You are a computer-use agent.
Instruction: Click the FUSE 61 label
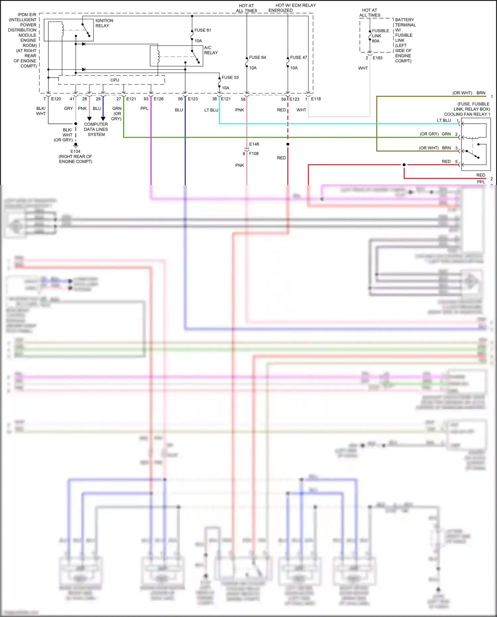(202, 30)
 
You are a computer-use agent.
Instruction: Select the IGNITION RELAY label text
(104, 23)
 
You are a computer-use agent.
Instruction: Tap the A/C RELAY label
(211, 50)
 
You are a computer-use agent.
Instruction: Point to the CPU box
(115, 80)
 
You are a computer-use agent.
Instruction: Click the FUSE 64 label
(257, 57)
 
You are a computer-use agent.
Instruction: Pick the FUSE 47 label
(298, 57)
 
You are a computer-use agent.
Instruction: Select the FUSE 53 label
(230, 78)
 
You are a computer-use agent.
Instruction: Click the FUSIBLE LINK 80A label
(380, 36)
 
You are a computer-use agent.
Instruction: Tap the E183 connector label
(377, 58)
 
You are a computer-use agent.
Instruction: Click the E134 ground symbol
(76, 145)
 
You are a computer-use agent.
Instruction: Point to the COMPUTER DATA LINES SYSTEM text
(96, 129)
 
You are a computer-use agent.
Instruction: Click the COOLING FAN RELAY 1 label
(467, 114)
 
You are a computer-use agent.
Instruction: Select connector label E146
(254, 144)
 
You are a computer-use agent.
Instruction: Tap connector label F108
(254, 154)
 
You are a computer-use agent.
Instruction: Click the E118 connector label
(316, 99)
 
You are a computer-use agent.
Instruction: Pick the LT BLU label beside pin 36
(211, 110)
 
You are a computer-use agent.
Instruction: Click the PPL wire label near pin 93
(144, 108)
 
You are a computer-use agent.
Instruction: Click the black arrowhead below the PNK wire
(89, 119)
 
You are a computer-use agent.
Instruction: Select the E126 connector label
(158, 99)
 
